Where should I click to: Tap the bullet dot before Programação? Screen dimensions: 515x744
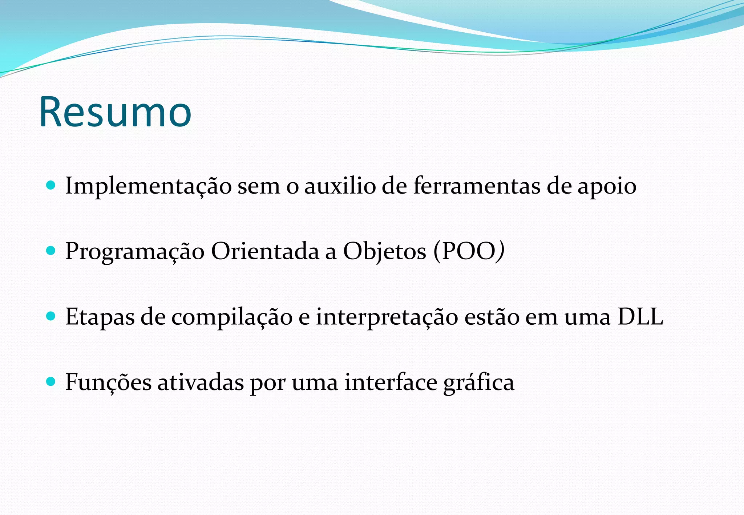point(51,251)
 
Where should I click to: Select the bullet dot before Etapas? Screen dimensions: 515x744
point(51,316)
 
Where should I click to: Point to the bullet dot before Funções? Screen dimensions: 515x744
point(51,381)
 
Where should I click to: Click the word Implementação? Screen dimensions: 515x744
point(148,186)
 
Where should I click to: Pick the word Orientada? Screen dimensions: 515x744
point(265,251)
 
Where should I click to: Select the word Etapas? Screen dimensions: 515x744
point(100,317)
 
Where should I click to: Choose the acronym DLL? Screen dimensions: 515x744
point(640,316)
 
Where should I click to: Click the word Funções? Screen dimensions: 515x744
point(108,382)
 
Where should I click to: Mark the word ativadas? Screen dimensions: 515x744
point(201,382)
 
